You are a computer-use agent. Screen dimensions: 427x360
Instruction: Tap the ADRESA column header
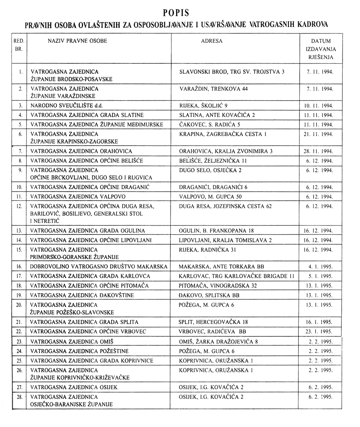point(211,41)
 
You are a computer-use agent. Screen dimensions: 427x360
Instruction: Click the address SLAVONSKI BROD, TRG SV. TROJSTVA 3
point(232,71)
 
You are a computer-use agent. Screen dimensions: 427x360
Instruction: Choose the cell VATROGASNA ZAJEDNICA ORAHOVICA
point(81,151)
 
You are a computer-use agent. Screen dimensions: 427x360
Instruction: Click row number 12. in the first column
point(19,206)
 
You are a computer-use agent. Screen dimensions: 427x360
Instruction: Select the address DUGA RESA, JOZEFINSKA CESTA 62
point(225,206)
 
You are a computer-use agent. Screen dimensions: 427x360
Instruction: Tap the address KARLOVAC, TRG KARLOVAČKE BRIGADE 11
point(236,276)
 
